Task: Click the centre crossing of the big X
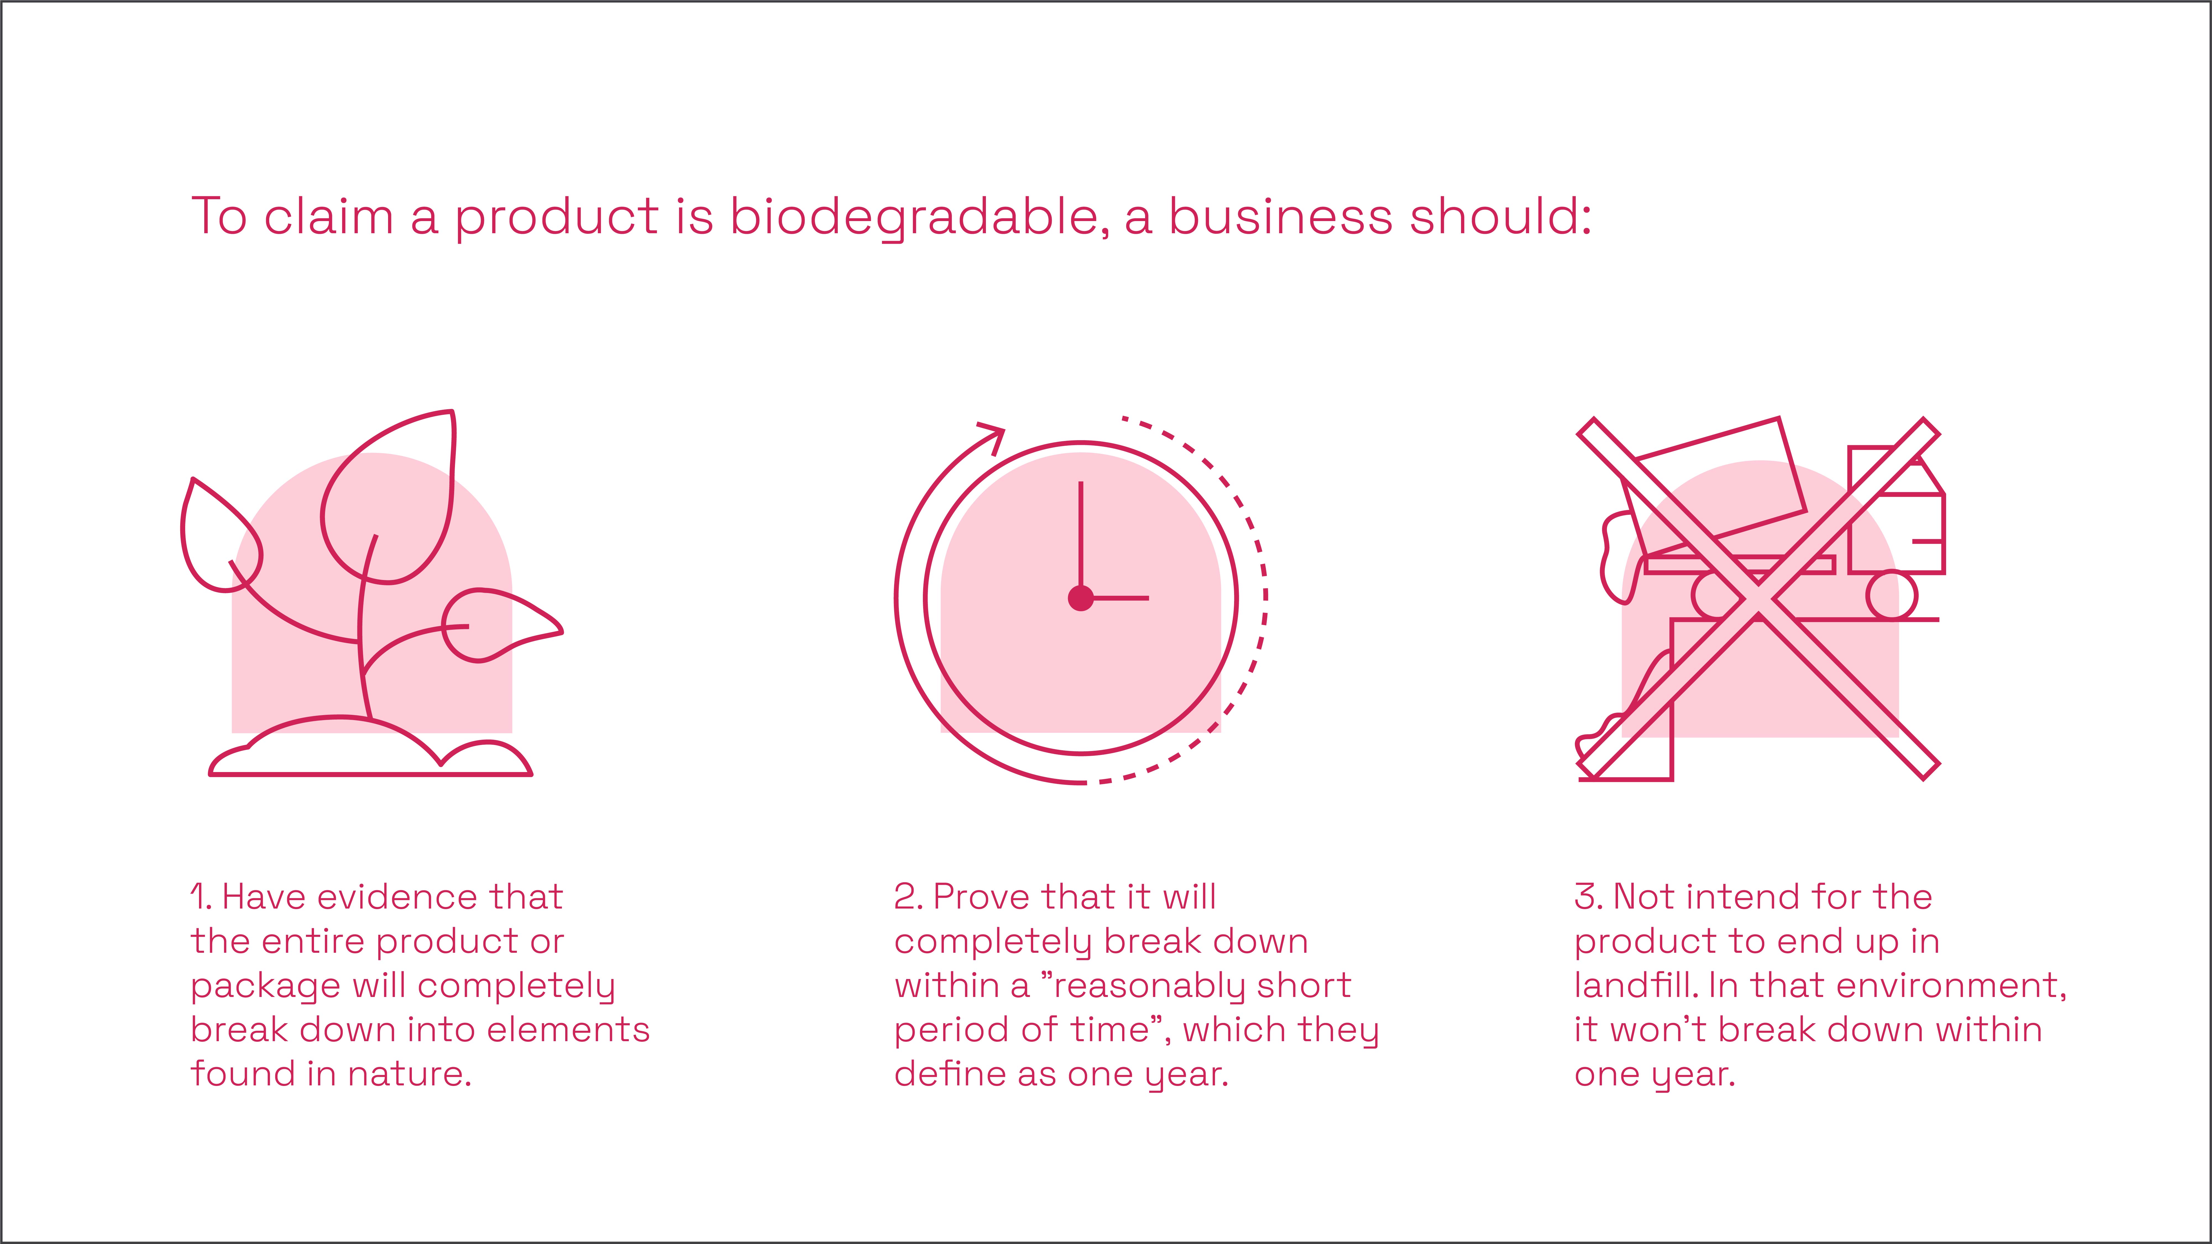[1758, 599]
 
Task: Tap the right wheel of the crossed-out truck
[1892, 595]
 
